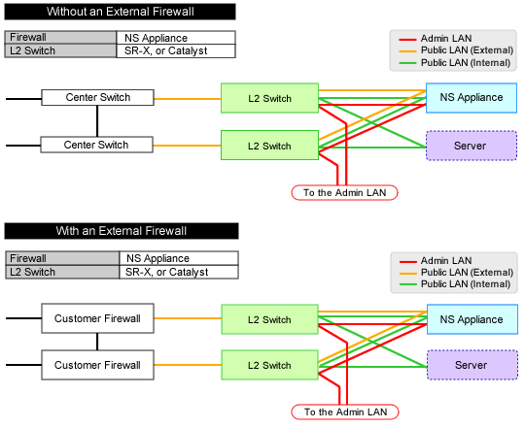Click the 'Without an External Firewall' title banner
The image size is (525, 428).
(x=120, y=12)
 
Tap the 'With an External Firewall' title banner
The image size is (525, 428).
(x=122, y=231)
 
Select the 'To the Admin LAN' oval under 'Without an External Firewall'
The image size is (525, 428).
(x=344, y=193)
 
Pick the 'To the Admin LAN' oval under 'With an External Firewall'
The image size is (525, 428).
(x=345, y=412)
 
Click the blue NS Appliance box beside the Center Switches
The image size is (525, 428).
(x=472, y=98)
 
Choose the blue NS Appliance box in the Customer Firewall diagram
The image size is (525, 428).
(x=472, y=319)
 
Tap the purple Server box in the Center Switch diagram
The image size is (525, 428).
(x=472, y=146)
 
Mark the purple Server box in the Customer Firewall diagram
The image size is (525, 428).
(x=472, y=365)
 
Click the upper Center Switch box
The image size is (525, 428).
(x=97, y=98)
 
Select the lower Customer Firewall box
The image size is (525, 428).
(x=97, y=365)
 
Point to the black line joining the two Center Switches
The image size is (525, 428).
(x=97, y=121)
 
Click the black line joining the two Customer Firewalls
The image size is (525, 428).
(x=97, y=342)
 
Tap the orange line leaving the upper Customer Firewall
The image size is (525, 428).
(x=188, y=318)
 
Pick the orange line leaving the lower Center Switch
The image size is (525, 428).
(x=187, y=146)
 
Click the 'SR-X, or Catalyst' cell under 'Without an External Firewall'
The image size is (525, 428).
(x=176, y=50)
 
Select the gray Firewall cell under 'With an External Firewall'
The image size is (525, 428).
(x=62, y=258)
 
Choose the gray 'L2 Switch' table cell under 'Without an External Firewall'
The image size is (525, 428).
(x=60, y=50)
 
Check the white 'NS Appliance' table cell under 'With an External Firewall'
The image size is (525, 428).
(x=179, y=258)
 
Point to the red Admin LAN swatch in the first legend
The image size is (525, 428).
(x=407, y=39)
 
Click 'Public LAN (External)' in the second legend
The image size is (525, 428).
(x=467, y=273)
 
